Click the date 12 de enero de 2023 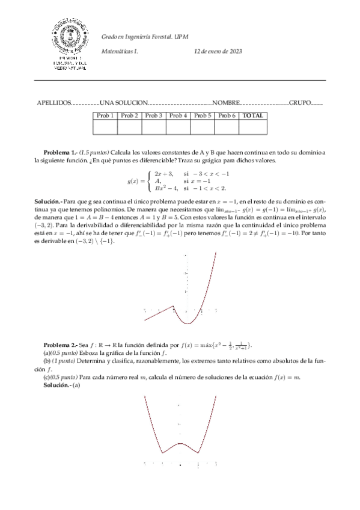[x=218, y=52]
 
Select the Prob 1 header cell [x=105, y=115]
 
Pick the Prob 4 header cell [x=178, y=115]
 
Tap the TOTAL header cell [x=252, y=115]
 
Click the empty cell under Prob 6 [x=227, y=126]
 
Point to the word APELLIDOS [x=54, y=103]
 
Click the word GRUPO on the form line [x=300, y=103]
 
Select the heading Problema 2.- [x=61, y=345]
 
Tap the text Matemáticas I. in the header [x=120, y=52]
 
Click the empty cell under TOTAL [x=252, y=126]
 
